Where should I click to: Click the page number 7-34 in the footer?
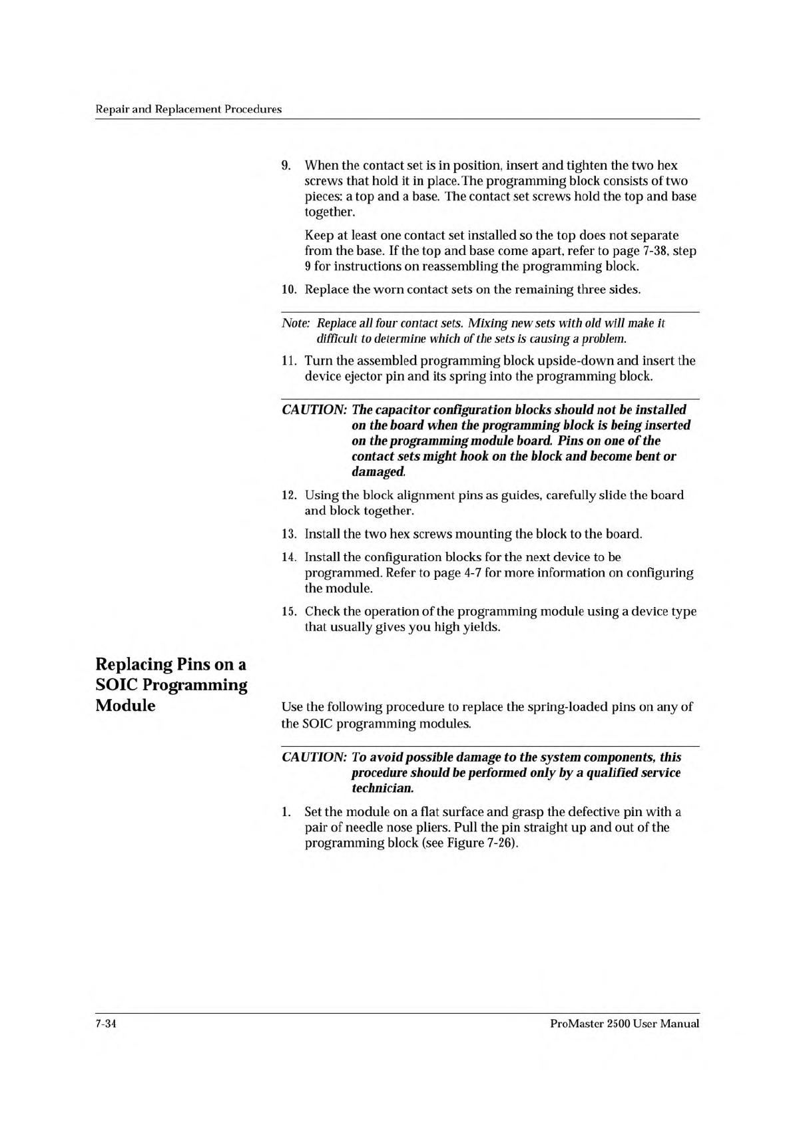(107, 1024)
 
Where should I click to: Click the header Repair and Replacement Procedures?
(188, 109)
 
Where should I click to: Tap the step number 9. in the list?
(288, 165)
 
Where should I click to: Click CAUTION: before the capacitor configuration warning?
(314, 410)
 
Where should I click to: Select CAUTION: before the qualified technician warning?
(314, 758)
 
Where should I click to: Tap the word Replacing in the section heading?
(133, 664)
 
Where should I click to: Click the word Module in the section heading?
(126, 706)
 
